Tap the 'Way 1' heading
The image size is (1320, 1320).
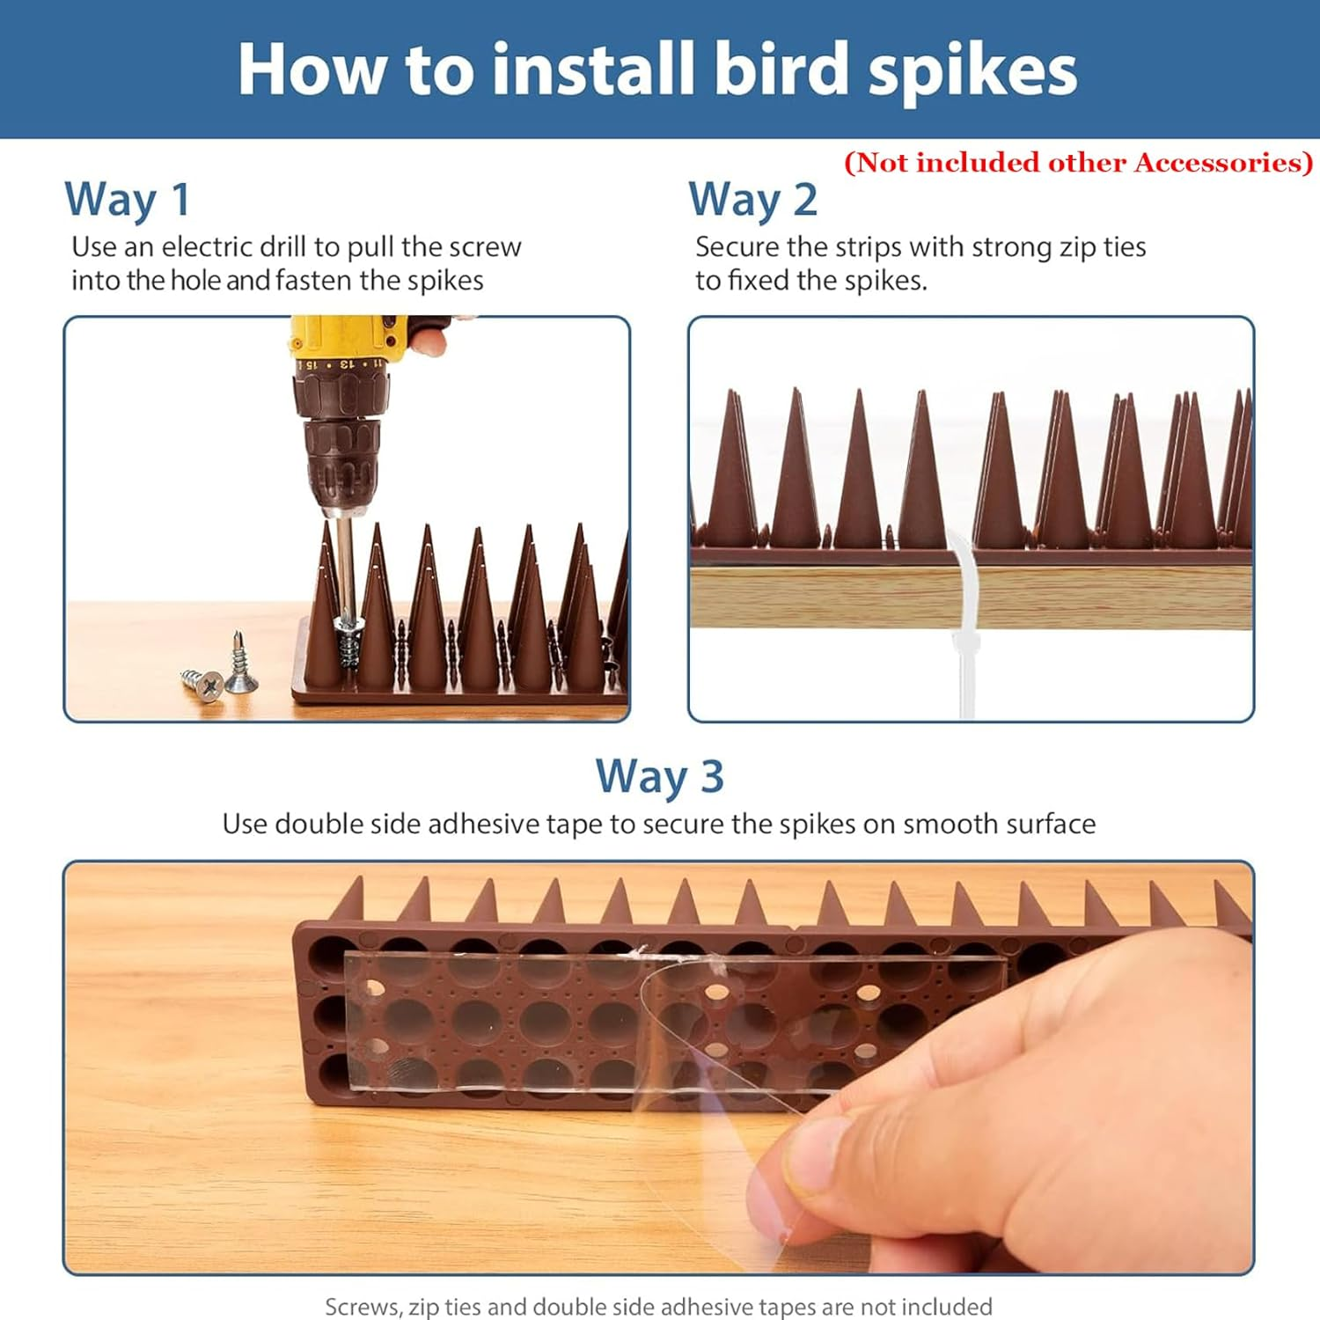point(128,200)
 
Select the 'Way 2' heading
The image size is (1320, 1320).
point(752,200)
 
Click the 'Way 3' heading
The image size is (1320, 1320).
point(659,778)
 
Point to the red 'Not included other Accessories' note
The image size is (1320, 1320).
point(1078,163)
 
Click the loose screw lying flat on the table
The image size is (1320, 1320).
point(201,684)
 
